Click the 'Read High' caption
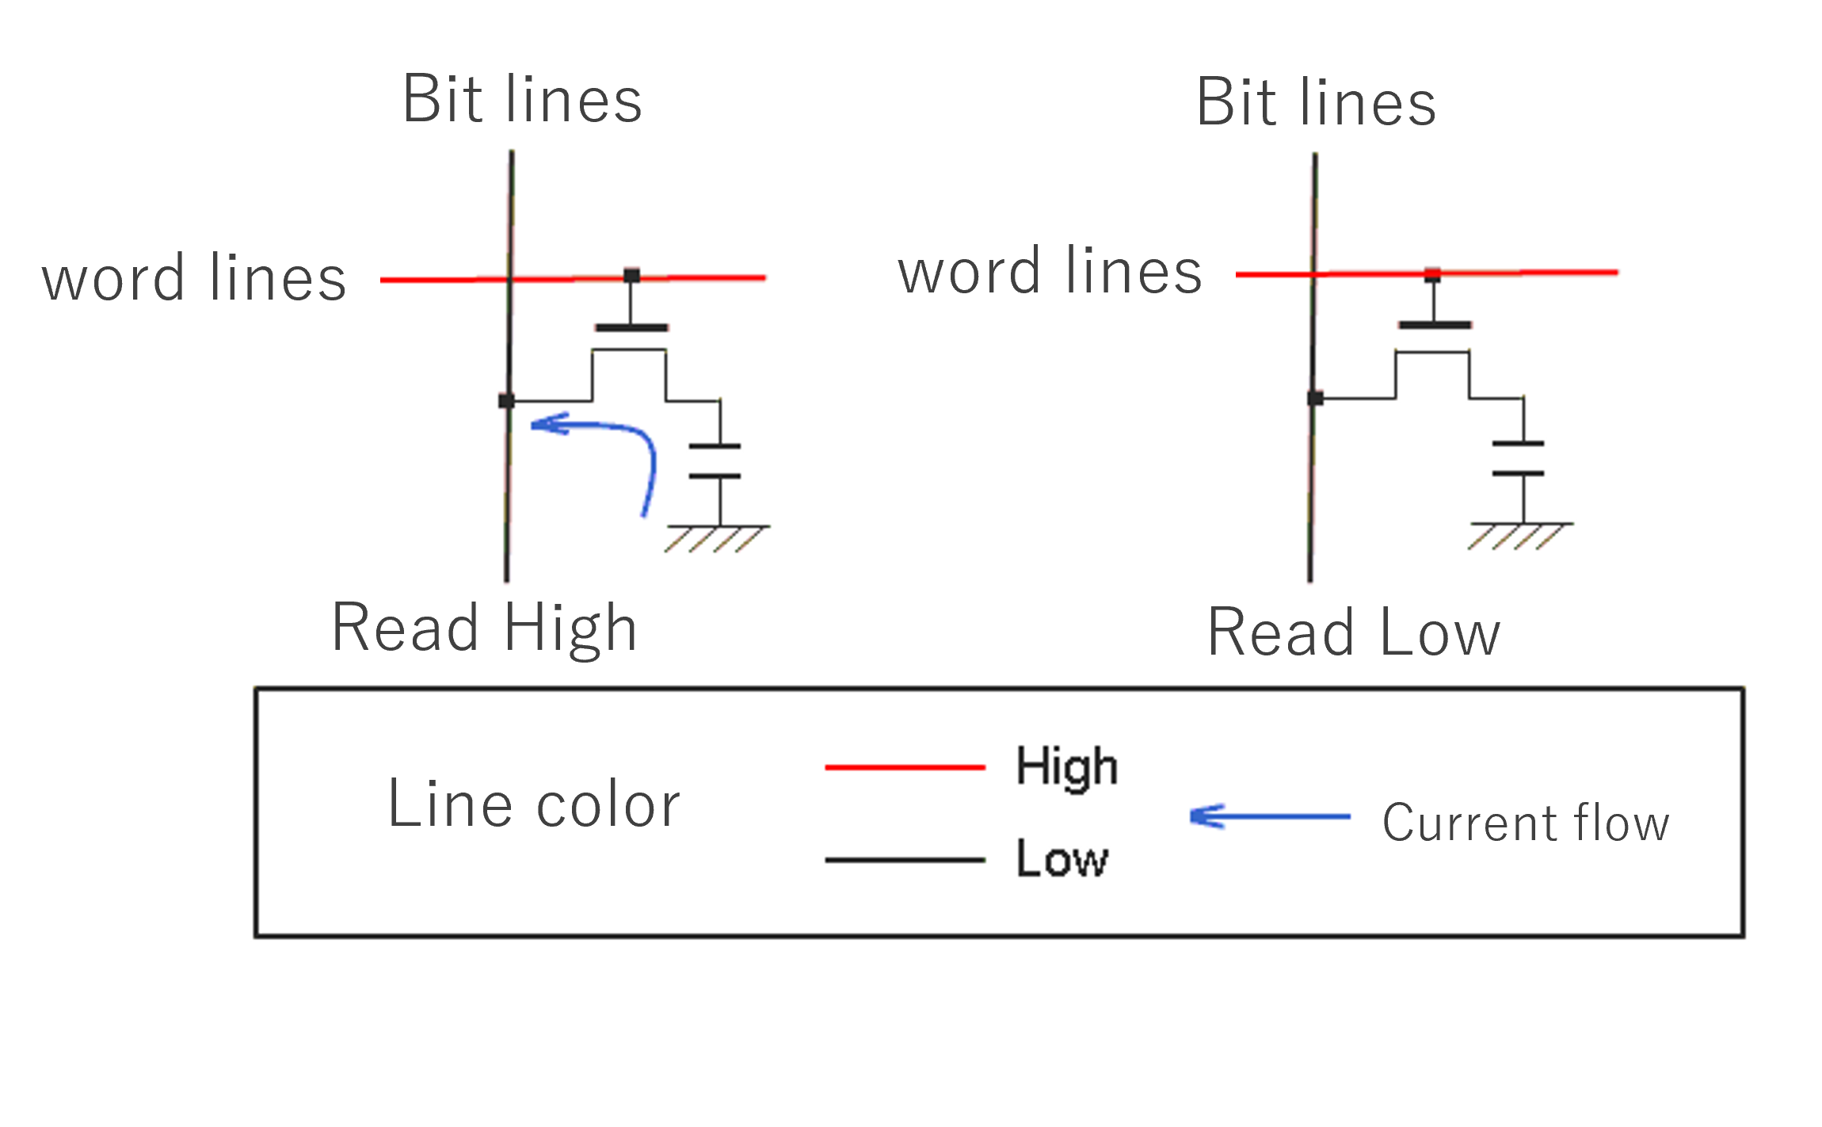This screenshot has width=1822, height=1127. pos(484,628)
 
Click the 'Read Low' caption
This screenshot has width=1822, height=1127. pos(1353,632)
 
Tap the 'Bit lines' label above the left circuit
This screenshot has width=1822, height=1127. pos(522,99)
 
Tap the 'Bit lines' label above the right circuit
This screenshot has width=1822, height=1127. pos(1316,103)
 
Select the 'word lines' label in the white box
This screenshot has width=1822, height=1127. pos(194,279)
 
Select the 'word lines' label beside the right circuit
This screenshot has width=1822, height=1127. pos(1050,272)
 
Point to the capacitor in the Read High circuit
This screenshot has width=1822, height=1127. pos(715,461)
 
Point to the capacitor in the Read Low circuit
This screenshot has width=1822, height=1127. pos(1518,459)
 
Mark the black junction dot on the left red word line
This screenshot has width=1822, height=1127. pos(631,276)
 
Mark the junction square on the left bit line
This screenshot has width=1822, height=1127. pos(506,401)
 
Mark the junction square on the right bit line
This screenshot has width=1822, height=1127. pos(1315,398)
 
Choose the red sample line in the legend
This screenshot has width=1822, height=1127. pos(905,767)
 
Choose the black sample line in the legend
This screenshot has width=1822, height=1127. pos(905,860)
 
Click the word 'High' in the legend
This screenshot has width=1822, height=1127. pos(1066,767)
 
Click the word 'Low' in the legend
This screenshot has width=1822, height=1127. pos(1062,859)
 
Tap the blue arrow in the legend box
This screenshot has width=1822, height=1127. pos(1270,816)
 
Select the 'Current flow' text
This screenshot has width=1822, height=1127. pos(1526,823)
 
